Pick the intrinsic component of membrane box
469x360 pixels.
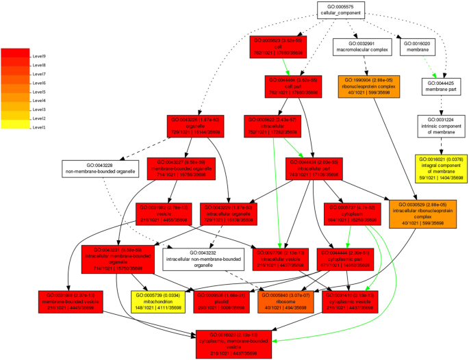pyautogui.click(x=441, y=127)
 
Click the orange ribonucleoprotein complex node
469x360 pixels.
pyautogui.click(x=367, y=88)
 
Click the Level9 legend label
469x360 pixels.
pyautogui.click(x=39, y=56)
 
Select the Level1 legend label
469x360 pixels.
pyautogui.click(x=39, y=127)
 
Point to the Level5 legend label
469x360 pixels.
pyautogui.click(x=39, y=92)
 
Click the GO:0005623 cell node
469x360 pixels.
pyautogui.click(x=277, y=47)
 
